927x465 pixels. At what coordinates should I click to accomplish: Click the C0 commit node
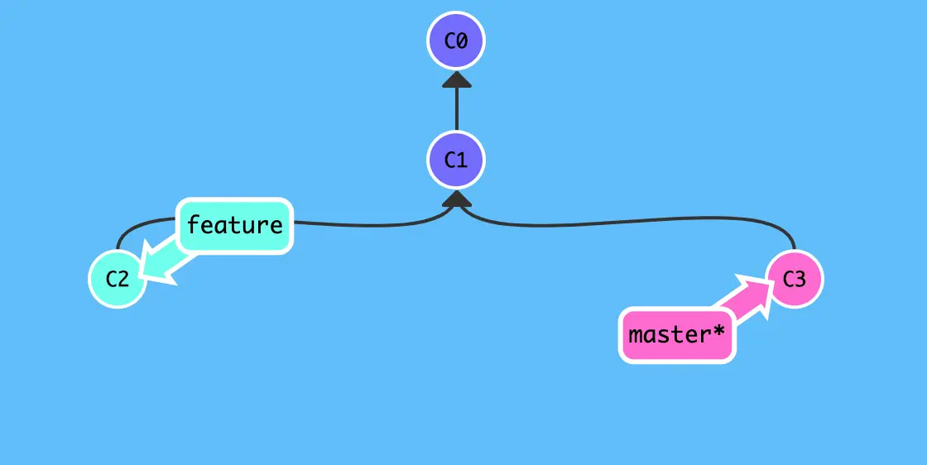point(456,41)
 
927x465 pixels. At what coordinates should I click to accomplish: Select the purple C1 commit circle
point(456,160)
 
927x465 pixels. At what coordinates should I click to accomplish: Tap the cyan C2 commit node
point(118,279)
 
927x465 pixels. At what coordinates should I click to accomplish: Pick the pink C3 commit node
point(794,279)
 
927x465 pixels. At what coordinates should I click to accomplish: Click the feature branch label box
point(235,225)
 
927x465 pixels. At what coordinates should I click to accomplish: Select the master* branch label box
point(677,336)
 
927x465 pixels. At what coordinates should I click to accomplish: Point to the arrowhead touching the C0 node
point(456,79)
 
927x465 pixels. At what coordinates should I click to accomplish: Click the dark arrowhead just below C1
point(456,199)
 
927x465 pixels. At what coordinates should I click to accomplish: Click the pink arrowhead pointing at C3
point(756,290)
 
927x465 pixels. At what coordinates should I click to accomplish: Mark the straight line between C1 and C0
point(456,109)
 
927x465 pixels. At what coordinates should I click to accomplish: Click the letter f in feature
point(193,225)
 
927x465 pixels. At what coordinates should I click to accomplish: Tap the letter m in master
point(636,336)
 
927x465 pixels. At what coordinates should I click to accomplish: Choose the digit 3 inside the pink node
point(800,279)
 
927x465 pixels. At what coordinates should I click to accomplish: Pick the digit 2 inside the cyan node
point(124,279)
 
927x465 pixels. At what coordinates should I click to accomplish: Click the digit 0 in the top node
point(463,41)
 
